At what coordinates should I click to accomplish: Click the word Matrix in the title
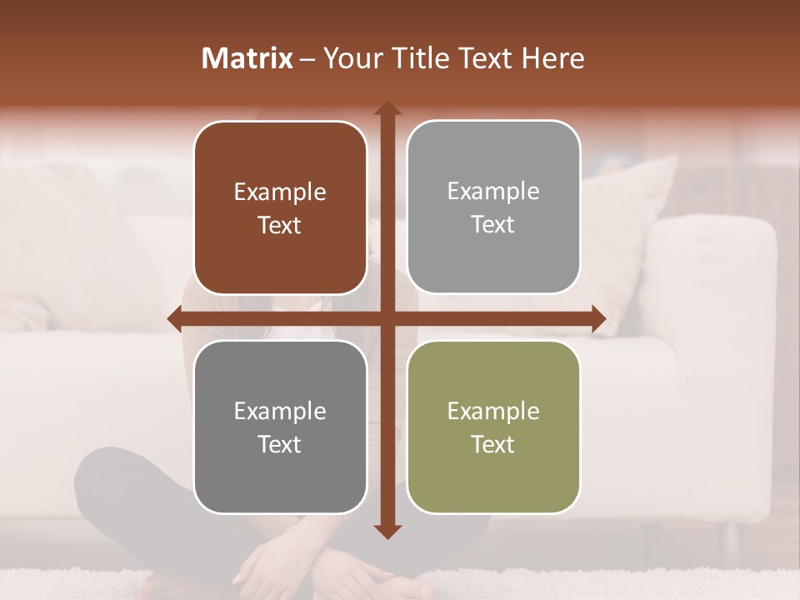click(x=247, y=58)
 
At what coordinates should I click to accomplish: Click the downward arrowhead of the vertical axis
click(x=387, y=531)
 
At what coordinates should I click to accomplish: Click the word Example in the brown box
click(x=280, y=192)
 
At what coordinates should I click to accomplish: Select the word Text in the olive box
click(x=493, y=444)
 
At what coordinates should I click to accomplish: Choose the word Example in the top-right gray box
click(x=493, y=192)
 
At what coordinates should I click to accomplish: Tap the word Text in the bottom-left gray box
click(x=280, y=444)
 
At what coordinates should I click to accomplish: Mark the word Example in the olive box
click(x=493, y=411)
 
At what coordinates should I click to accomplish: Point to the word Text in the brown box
click(x=280, y=226)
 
